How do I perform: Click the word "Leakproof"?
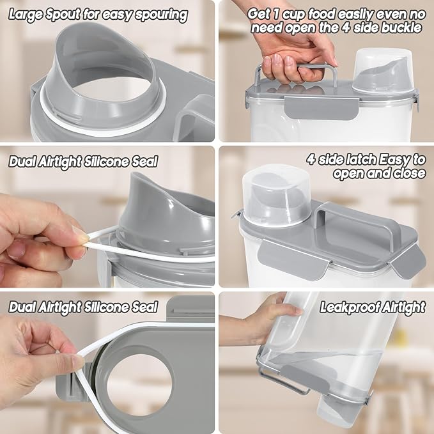350,307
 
